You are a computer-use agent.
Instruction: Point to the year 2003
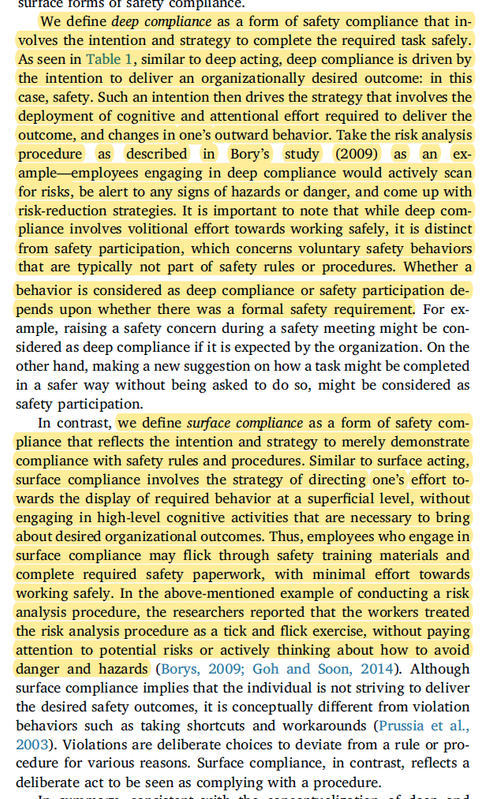click(31, 745)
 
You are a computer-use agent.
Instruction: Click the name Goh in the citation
click(269, 669)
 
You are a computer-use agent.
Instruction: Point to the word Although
click(437, 669)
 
